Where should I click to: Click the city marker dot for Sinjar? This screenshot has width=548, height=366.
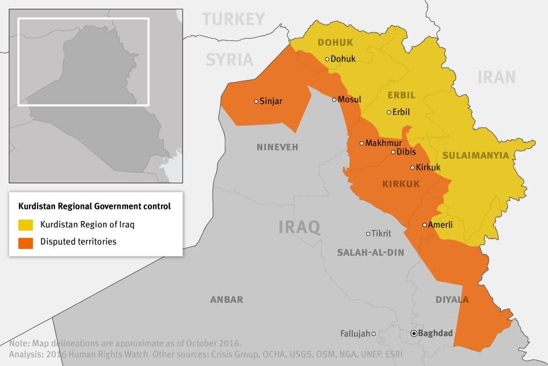tap(256, 102)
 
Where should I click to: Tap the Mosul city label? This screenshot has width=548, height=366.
tap(349, 100)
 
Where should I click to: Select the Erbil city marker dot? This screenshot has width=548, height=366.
tap(389, 113)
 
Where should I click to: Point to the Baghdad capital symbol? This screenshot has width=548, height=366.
tap(414, 334)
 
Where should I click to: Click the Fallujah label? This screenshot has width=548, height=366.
tap(355, 334)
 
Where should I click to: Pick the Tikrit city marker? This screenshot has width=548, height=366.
tap(368, 234)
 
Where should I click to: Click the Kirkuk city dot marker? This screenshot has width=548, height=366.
tap(412, 168)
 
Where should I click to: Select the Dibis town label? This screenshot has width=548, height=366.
tap(406, 152)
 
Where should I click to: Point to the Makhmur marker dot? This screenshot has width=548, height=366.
tap(361, 143)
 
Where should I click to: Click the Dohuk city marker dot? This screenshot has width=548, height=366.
tap(327, 59)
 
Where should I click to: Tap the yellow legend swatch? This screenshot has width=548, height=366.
tap(25, 224)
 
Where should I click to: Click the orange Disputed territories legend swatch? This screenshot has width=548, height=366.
tap(25, 242)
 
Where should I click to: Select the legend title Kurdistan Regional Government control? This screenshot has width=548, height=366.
tap(94, 206)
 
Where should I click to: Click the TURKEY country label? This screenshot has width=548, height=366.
tap(233, 19)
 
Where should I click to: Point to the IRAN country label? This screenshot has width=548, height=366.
tap(496, 77)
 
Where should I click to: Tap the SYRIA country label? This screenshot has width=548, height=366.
tap(229, 59)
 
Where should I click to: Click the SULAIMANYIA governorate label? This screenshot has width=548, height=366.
tap(475, 155)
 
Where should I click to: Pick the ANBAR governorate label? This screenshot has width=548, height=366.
tap(226, 300)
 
